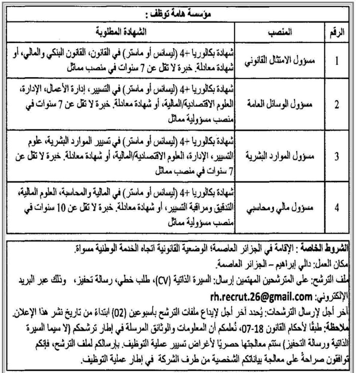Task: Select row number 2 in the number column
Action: tap(337, 105)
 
